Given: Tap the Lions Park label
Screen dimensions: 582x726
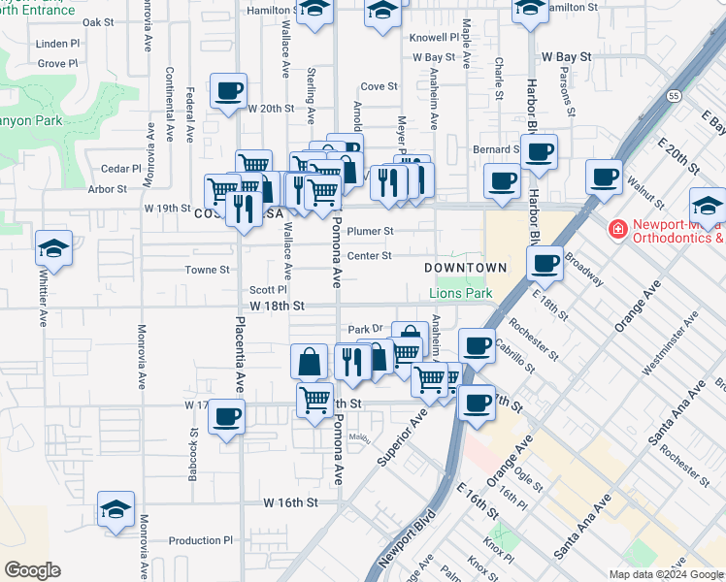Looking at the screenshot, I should point(461,293).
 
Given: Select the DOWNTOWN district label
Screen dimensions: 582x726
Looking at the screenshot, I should point(466,268).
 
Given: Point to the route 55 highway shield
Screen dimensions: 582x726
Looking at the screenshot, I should point(674,97).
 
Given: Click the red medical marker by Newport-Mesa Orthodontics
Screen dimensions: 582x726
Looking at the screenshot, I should point(616,229).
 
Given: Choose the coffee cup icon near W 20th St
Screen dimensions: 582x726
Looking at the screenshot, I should point(229,92).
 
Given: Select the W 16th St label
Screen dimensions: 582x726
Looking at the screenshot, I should point(290,503).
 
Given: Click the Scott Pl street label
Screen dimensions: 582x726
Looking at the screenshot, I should point(268,289).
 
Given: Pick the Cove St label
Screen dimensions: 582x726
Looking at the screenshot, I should point(379,86).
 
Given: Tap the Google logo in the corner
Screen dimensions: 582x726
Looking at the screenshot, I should point(33,570).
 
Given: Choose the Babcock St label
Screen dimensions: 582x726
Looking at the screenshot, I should point(193,456).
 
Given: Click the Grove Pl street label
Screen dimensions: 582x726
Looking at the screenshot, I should point(57,64).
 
